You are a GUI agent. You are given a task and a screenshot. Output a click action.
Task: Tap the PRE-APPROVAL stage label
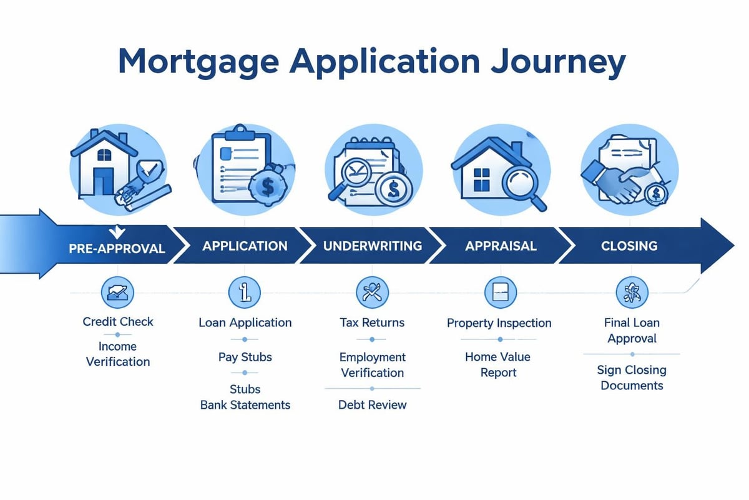pyautogui.click(x=117, y=248)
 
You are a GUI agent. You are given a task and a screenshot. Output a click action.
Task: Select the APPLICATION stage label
pyautogui.click(x=245, y=246)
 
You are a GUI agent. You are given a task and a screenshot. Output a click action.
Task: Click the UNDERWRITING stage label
pyautogui.click(x=372, y=246)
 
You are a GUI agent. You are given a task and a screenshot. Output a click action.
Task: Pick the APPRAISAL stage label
pyautogui.click(x=501, y=246)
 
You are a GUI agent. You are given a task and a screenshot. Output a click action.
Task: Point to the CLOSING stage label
pyautogui.click(x=629, y=246)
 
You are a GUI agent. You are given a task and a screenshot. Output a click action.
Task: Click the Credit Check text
pyautogui.click(x=118, y=322)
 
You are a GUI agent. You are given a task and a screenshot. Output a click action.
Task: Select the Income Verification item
pyautogui.click(x=118, y=354)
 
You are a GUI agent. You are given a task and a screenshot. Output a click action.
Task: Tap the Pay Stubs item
pyautogui.click(x=245, y=357)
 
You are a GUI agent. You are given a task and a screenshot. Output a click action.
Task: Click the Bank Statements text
pyautogui.click(x=245, y=404)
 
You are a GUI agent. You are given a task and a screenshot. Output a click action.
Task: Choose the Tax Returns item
pyautogui.click(x=372, y=322)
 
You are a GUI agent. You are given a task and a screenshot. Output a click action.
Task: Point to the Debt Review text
pyautogui.click(x=372, y=404)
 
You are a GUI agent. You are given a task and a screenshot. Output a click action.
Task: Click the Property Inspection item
pyautogui.click(x=499, y=323)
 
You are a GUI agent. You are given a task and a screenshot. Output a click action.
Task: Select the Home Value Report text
pyautogui.click(x=497, y=364)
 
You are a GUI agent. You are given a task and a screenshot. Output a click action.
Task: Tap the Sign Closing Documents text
pyautogui.click(x=632, y=377)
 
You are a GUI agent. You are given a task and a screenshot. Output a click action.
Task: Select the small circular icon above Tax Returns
pyautogui.click(x=372, y=291)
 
